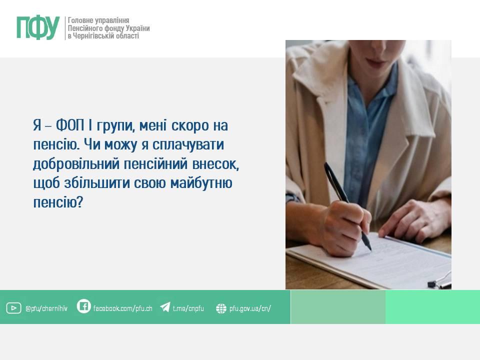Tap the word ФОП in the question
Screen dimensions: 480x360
point(70,125)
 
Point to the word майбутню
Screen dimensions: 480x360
point(201,183)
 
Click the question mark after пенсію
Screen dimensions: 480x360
point(79,202)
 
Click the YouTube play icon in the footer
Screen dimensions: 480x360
point(14,308)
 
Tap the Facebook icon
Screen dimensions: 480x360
point(83,306)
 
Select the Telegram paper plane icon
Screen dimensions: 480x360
point(165,306)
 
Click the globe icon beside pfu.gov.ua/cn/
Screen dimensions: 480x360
point(221,308)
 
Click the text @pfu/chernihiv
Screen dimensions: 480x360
point(46,308)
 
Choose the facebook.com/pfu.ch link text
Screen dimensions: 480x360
point(123,308)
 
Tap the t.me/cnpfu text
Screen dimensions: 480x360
point(188,308)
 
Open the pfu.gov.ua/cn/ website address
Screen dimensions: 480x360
point(250,308)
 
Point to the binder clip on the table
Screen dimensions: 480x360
point(440,281)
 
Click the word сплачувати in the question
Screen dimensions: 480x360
point(188,145)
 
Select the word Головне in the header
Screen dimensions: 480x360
point(80,20)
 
